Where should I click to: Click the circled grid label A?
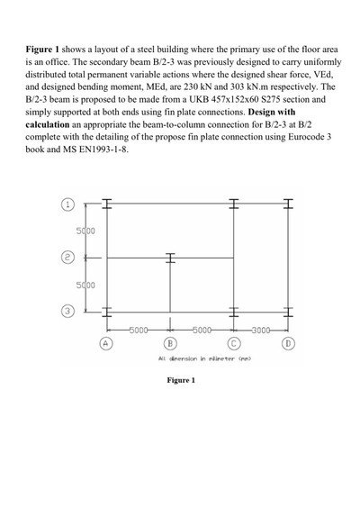[105, 342]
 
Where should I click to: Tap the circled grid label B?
[168, 342]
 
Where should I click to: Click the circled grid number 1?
[67, 203]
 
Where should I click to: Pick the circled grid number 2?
[67, 257]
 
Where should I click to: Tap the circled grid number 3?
[67, 312]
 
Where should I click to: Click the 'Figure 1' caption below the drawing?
[180, 381]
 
